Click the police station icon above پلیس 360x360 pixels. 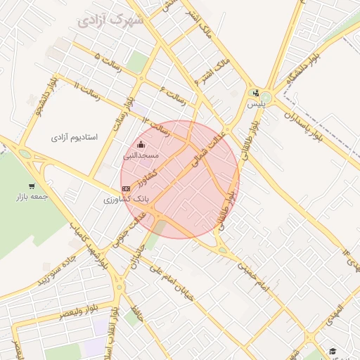pos(255,93)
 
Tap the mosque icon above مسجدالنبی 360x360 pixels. pos(141,145)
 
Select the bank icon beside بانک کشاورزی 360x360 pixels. pos(126,188)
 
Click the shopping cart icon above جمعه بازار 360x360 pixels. pos(32,186)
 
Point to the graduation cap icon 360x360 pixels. pos(332,352)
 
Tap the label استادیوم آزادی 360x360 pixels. pos(74,136)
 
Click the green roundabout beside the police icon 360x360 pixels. pos(266,96)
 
